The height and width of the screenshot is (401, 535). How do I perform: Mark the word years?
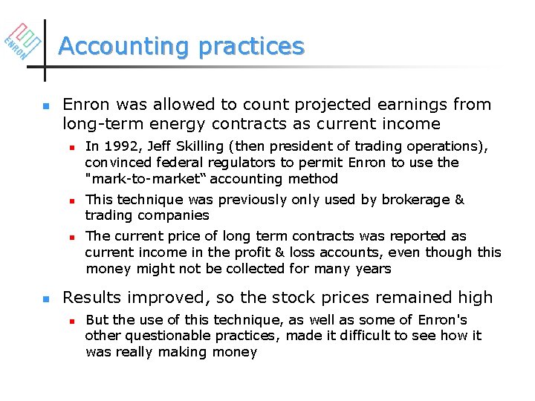(372, 268)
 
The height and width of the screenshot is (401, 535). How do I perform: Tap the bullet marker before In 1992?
(72, 147)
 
